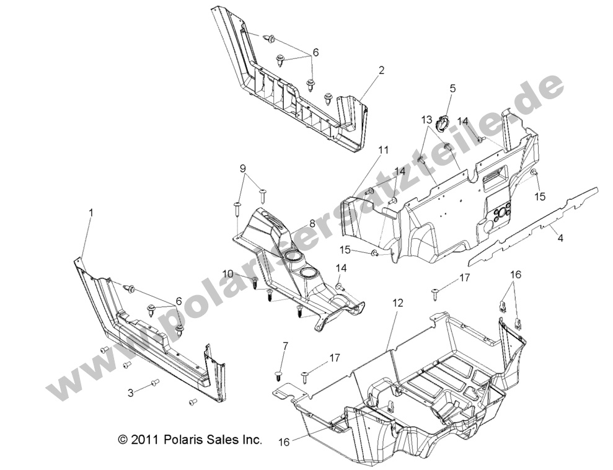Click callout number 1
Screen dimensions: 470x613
tap(91, 213)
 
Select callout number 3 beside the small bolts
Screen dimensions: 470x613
tap(131, 392)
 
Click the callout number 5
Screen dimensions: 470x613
tap(452, 89)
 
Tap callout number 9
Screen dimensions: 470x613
tap(243, 169)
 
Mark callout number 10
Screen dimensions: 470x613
tap(228, 273)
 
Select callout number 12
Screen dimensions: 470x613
tap(398, 303)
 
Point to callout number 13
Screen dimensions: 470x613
tap(444, 119)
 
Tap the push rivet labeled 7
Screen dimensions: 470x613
tap(280, 375)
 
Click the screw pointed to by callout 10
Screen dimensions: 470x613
tap(254, 283)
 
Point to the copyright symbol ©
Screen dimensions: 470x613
tap(123, 440)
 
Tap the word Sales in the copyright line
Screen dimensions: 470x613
tap(225, 440)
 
